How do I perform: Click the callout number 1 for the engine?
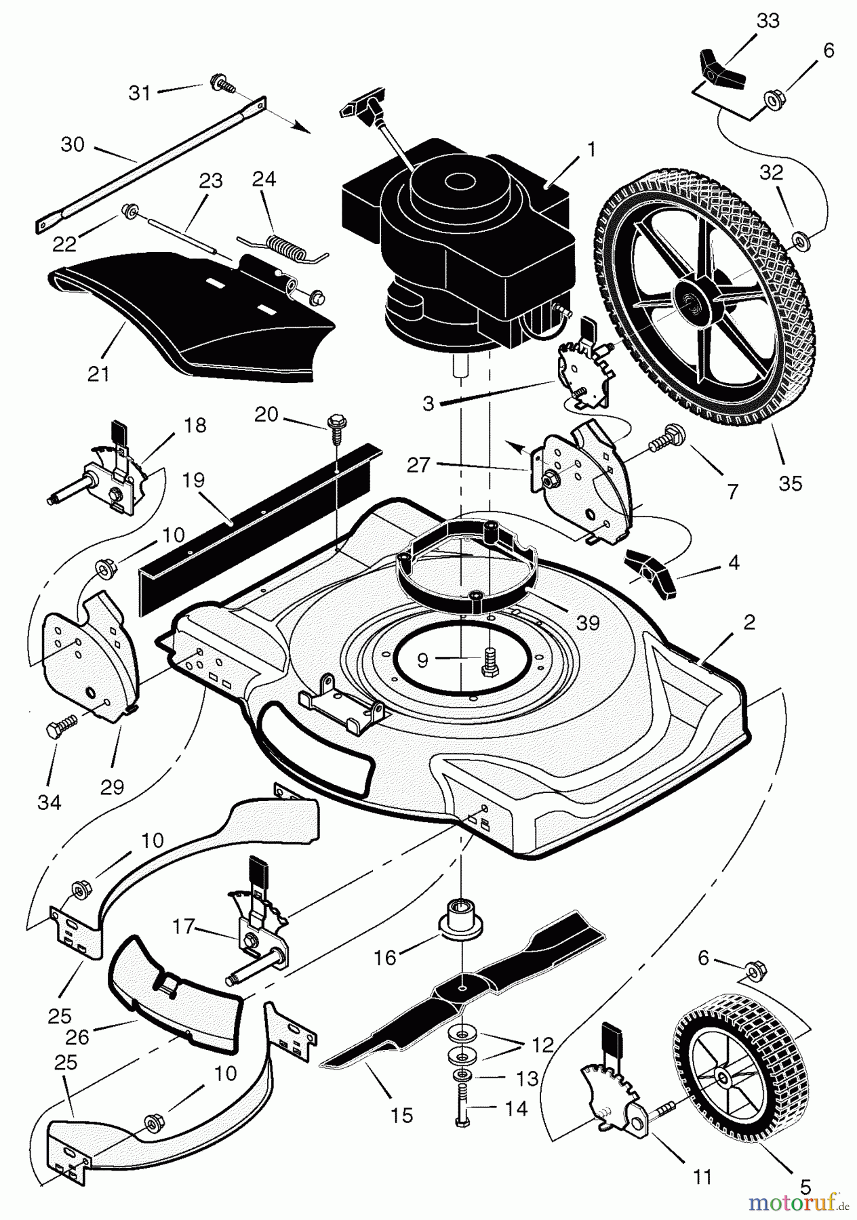(591, 149)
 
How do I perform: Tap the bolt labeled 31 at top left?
(220, 83)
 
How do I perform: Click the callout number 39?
(588, 622)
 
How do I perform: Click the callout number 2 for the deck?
(748, 622)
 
